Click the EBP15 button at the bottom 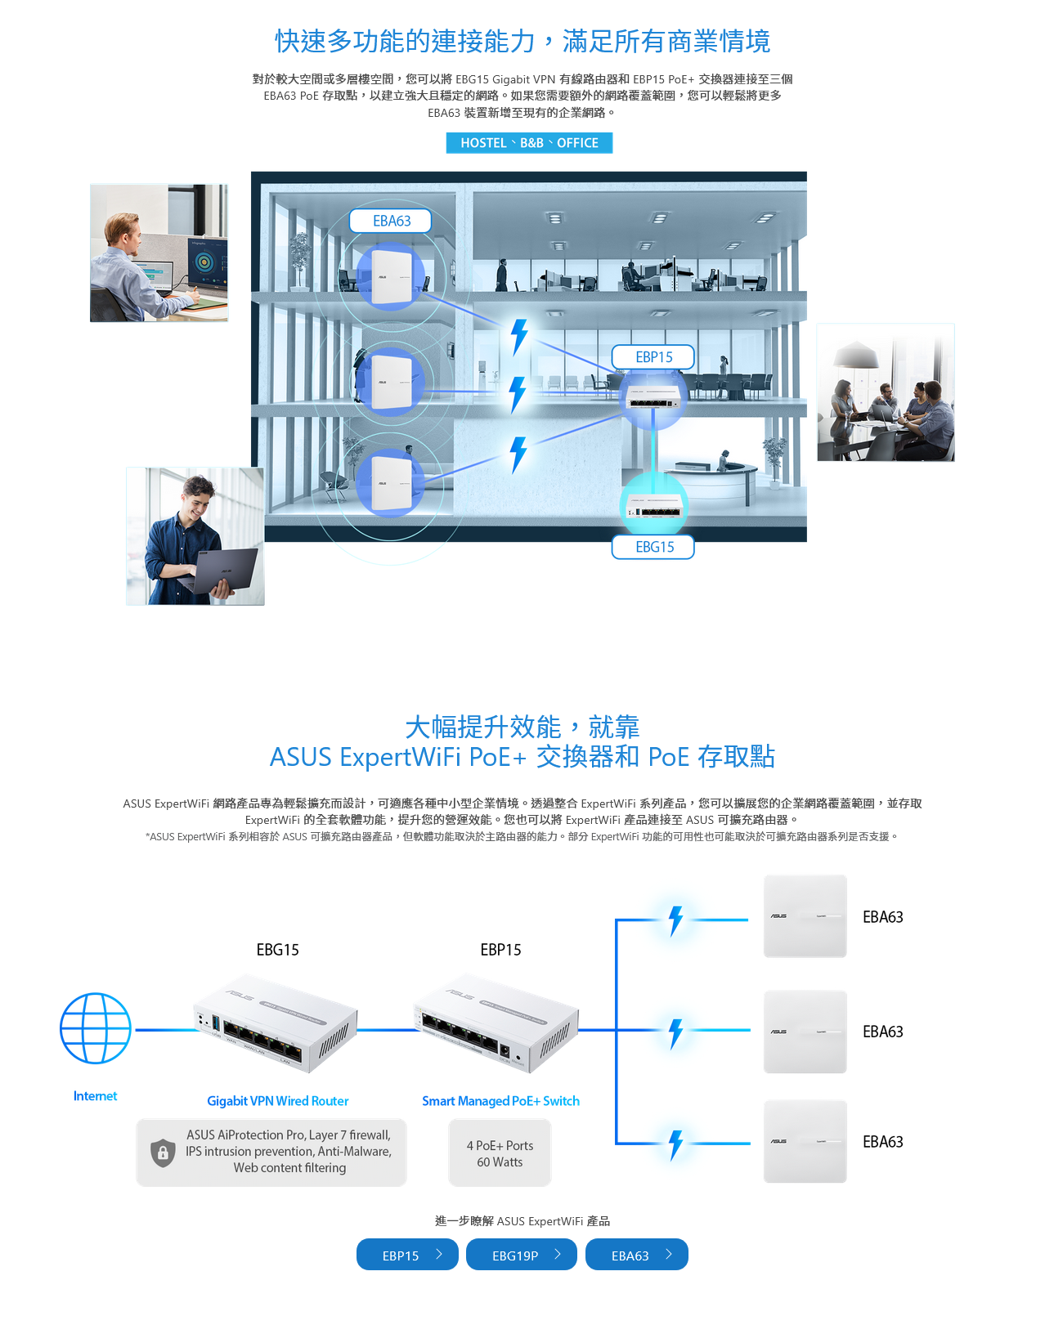tap(407, 1255)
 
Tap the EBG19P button tap(521, 1255)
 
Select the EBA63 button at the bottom tap(636, 1255)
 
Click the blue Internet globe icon tap(96, 1028)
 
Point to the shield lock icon tap(164, 1153)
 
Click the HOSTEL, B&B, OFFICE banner tap(529, 143)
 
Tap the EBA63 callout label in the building tap(391, 221)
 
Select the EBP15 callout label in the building tap(653, 357)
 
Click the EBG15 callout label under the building tap(653, 547)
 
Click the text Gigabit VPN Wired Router tap(277, 1101)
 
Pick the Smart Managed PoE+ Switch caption tap(500, 1101)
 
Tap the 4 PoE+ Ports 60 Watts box tap(500, 1153)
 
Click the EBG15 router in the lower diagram tap(276, 1023)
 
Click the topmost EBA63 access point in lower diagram tap(805, 916)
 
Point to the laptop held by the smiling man tap(225, 569)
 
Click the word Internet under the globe tap(95, 1096)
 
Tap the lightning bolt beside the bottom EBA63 tap(675, 1144)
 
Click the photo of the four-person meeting tap(885, 392)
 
